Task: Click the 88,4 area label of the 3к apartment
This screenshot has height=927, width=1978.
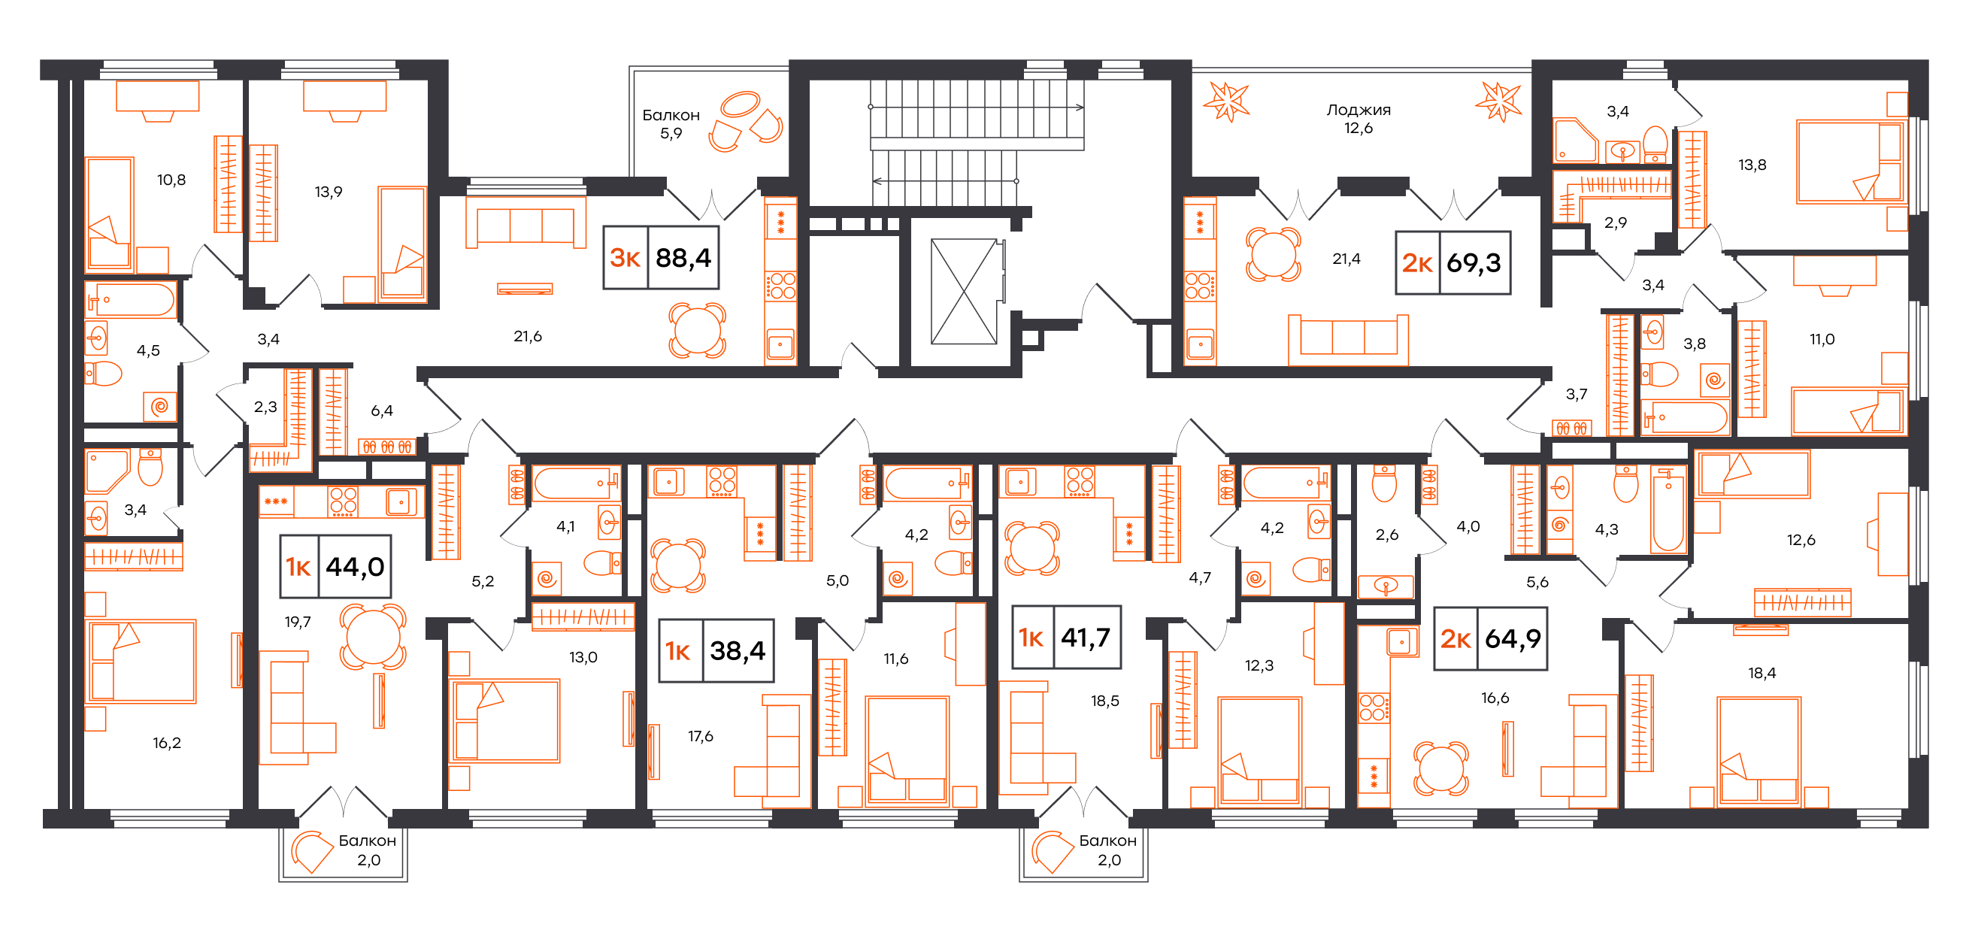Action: coord(683,258)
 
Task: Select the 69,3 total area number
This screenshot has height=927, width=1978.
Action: coord(1474,263)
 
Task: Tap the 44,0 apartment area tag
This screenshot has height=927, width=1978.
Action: coord(355,567)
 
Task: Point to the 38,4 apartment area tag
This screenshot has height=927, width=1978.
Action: coord(737,651)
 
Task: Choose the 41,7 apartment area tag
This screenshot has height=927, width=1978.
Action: coord(1086,638)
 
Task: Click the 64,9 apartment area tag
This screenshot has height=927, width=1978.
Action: coord(1513,639)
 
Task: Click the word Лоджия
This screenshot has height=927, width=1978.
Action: coord(1359,110)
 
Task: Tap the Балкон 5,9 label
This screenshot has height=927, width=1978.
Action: coord(671,123)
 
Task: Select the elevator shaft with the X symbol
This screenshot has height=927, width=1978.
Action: coord(964,291)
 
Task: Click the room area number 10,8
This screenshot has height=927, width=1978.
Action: coord(171,180)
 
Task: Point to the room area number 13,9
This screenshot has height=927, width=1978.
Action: coord(328,192)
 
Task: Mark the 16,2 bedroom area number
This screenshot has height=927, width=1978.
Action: coord(167,743)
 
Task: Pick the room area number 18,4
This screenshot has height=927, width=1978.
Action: coord(1761,673)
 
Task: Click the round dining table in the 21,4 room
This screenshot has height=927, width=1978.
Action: coord(1273,253)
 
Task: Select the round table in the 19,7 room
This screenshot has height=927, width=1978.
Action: coord(372,637)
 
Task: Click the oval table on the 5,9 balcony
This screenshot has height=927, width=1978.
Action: coord(740,104)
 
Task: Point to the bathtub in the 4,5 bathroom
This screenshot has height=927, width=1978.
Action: coord(132,299)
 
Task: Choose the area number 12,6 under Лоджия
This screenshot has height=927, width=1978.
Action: coord(1359,129)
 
